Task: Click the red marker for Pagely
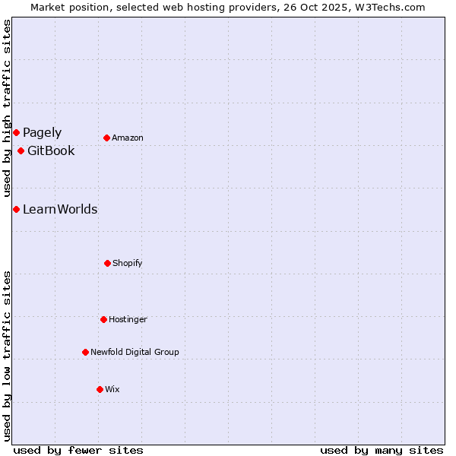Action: coord(16,133)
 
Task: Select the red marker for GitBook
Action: coord(21,150)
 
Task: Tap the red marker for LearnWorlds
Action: coord(16,209)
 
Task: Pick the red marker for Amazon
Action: coord(106,138)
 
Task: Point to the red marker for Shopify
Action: coord(107,263)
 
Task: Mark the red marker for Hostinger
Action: coord(103,319)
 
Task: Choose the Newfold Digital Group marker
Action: coord(85,352)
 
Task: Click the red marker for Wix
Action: coord(100,389)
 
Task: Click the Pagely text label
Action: coord(42,133)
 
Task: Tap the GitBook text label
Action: coord(51,150)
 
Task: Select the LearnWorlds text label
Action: coord(60,209)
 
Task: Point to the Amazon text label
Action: coord(128,138)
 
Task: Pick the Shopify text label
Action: coord(128,263)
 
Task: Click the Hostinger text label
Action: coord(128,319)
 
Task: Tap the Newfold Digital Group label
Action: coord(135,352)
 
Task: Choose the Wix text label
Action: coord(112,389)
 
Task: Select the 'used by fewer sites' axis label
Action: coord(78,450)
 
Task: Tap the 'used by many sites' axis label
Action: coord(382,450)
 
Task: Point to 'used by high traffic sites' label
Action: coord(7,108)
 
